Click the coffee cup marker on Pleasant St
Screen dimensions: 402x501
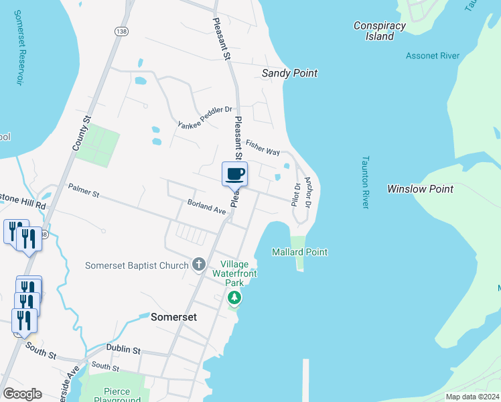click(234, 174)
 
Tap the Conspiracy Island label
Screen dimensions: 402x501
click(380, 31)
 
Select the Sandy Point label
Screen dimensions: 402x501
click(289, 73)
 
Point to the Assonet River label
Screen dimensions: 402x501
click(433, 56)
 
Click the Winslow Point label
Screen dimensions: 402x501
click(420, 189)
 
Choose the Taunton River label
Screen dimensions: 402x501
click(366, 182)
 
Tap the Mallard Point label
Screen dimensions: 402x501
click(299, 252)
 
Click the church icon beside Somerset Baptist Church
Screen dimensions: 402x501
click(198, 265)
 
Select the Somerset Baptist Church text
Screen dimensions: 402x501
click(137, 265)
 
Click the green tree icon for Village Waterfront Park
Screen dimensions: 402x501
click(234, 297)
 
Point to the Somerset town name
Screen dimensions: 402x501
click(174, 317)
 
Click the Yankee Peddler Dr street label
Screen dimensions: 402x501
click(204, 117)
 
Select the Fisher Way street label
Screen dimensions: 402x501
click(263, 147)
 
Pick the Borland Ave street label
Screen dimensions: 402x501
click(206, 206)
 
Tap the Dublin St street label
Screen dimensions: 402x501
click(123, 350)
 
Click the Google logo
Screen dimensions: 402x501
click(22, 394)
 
